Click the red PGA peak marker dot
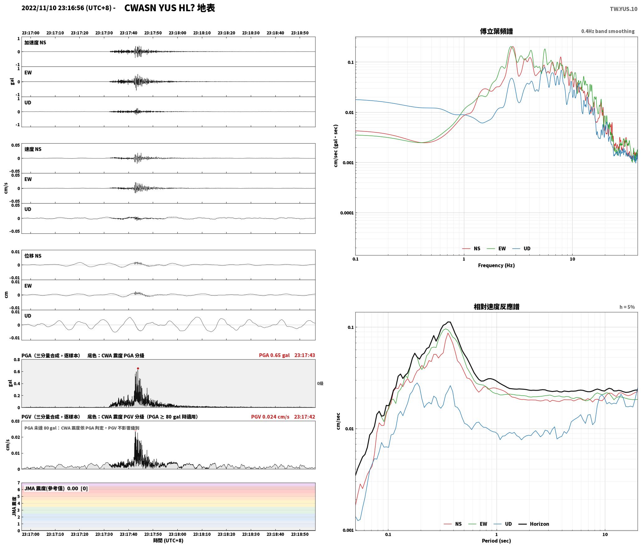(x=138, y=368)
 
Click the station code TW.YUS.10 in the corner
(x=623, y=9)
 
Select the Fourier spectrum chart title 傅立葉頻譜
(x=496, y=31)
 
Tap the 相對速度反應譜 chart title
(x=496, y=306)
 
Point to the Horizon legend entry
(x=534, y=524)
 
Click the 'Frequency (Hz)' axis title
(x=496, y=265)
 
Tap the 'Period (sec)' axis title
(x=496, y=540)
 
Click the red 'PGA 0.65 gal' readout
(x=274, y=355)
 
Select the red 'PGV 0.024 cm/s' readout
(x=270, y=416)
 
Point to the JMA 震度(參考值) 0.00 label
(x=51, y=488)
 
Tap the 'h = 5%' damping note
(x=627, y=307)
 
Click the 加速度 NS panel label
(x=35, y=43)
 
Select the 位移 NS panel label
(x=33, y=256)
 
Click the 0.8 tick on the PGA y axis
(x=17, y=360)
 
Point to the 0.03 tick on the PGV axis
(x=16, y=421)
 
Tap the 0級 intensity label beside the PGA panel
(x=320, y=384)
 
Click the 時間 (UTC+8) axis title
(x=168, y=540)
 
